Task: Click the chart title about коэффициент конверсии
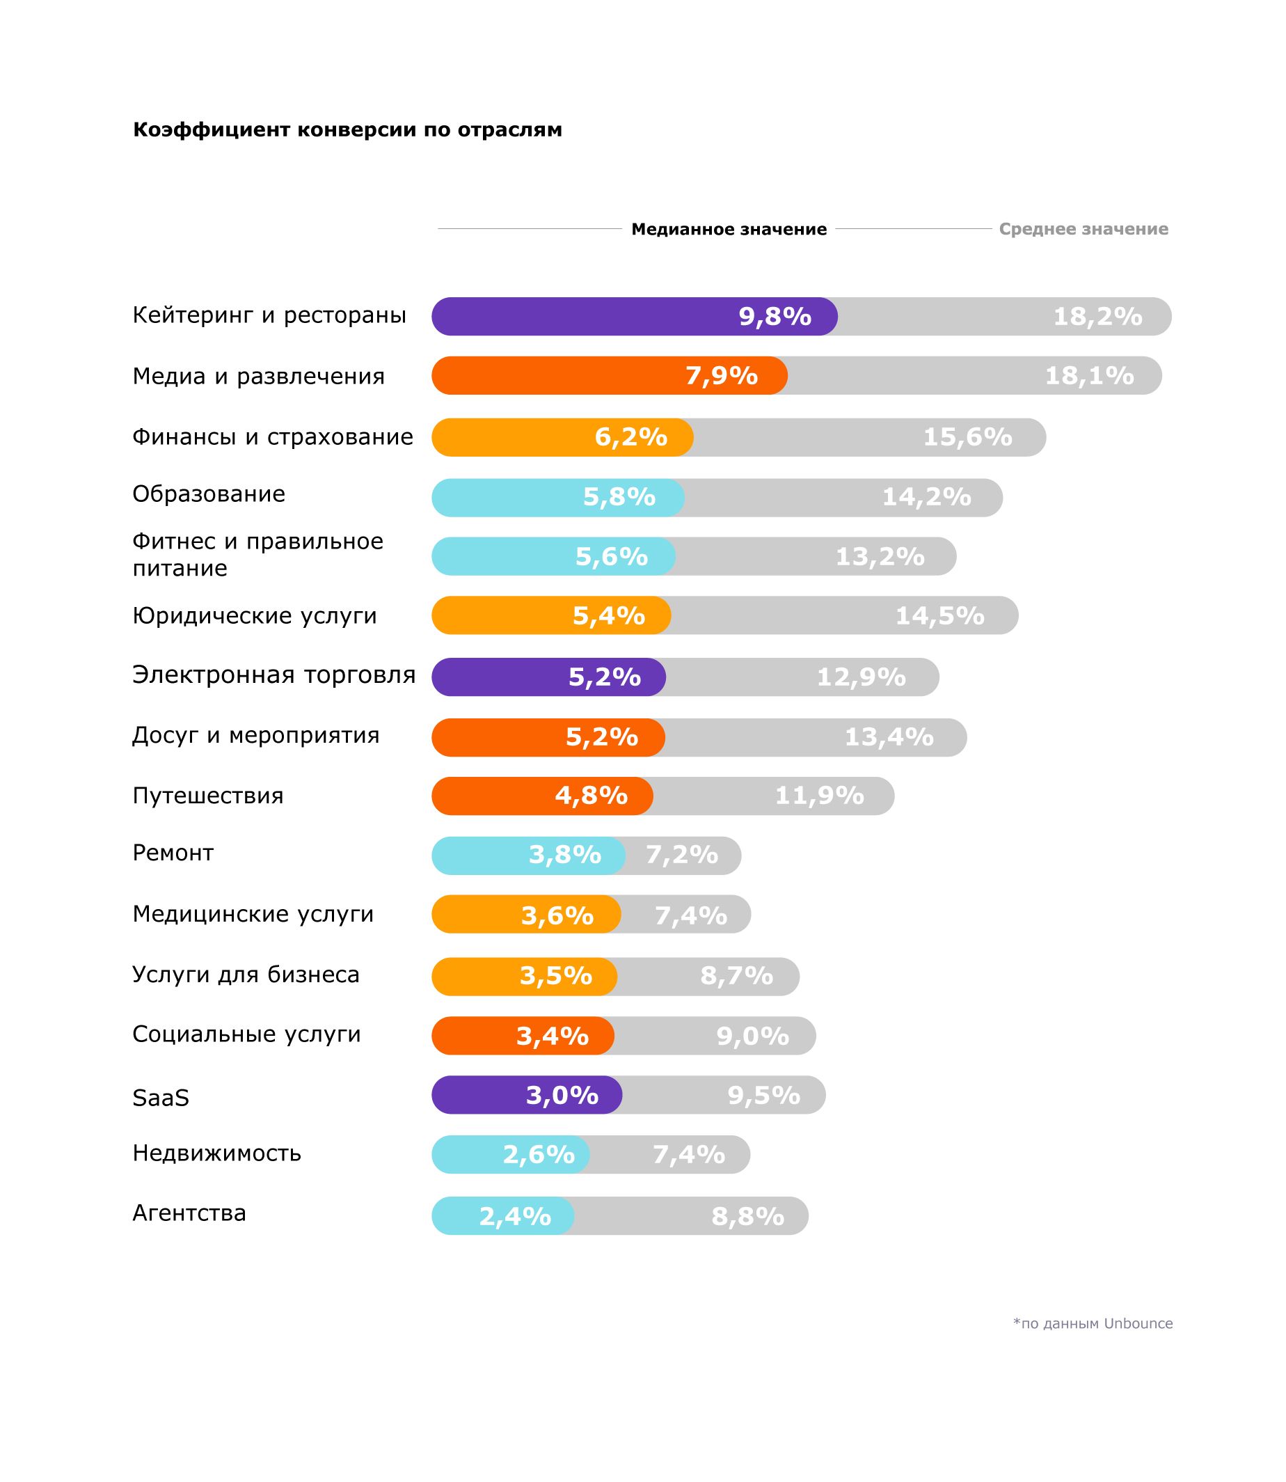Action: (x=347, y=130)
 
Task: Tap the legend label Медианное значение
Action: (x=729, y=229)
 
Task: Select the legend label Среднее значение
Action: (x=1083, y=229)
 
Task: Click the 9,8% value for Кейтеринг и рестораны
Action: (x=775, y=317)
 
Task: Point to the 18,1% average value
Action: (x=1088, y=375)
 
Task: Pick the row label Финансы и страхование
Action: (x=273, y=436)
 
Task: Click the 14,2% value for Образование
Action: (x=926, y=496)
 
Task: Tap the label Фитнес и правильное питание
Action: (x=257, y=554)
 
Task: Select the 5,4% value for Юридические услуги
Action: (x=608, y=616)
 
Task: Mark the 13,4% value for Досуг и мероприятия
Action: (x=889, y=737)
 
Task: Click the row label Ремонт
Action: (x=173, y=853)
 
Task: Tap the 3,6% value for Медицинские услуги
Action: (x=557, y=916)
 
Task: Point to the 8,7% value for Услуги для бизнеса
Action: (x=736, y=976)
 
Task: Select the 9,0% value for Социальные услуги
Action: (x=752, y=1036)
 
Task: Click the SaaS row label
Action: (x=161, y=1097)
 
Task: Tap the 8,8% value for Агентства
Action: (x=747, y=1217)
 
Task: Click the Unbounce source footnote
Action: (x=1093, y=1323)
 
